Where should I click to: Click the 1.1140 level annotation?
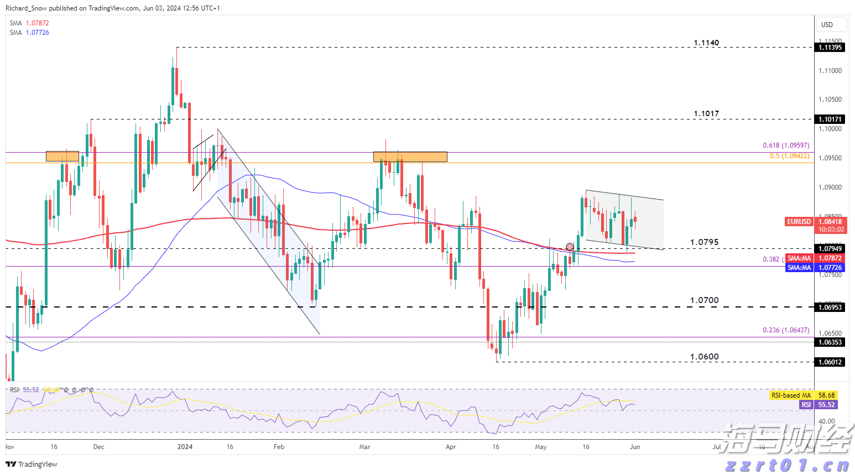click(x=706, y=43)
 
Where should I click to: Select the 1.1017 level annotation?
click(x=706, y=114)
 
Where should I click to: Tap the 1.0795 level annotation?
click(x=704, y=242)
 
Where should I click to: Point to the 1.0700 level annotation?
click(x=704, y=300)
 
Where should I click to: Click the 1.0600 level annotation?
click(x=704, y=357)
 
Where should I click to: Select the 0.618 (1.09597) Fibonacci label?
click(x=786, y=145)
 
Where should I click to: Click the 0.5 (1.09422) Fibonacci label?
click(x=789, y=156)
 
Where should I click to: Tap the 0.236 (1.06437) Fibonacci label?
click(x=786, y=330)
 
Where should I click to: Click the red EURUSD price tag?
click(x=799, y=222)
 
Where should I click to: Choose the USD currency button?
click(x=827, y=24)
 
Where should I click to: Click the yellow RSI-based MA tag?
click(x=791, y=395)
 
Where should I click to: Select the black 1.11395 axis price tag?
click(x=831, y=48)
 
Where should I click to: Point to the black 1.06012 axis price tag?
click(x=831, y=362)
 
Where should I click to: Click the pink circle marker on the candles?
click(x=570, y=247)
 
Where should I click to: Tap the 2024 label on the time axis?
click(x=185, y=447)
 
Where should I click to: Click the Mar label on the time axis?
click(x=364, y=447)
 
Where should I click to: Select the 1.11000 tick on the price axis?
click(x=830, y=71)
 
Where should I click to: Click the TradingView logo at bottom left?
click(x=32, y=464)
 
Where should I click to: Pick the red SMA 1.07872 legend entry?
click(x=29, y=23)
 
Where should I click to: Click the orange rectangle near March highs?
click(x=410, y=157)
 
